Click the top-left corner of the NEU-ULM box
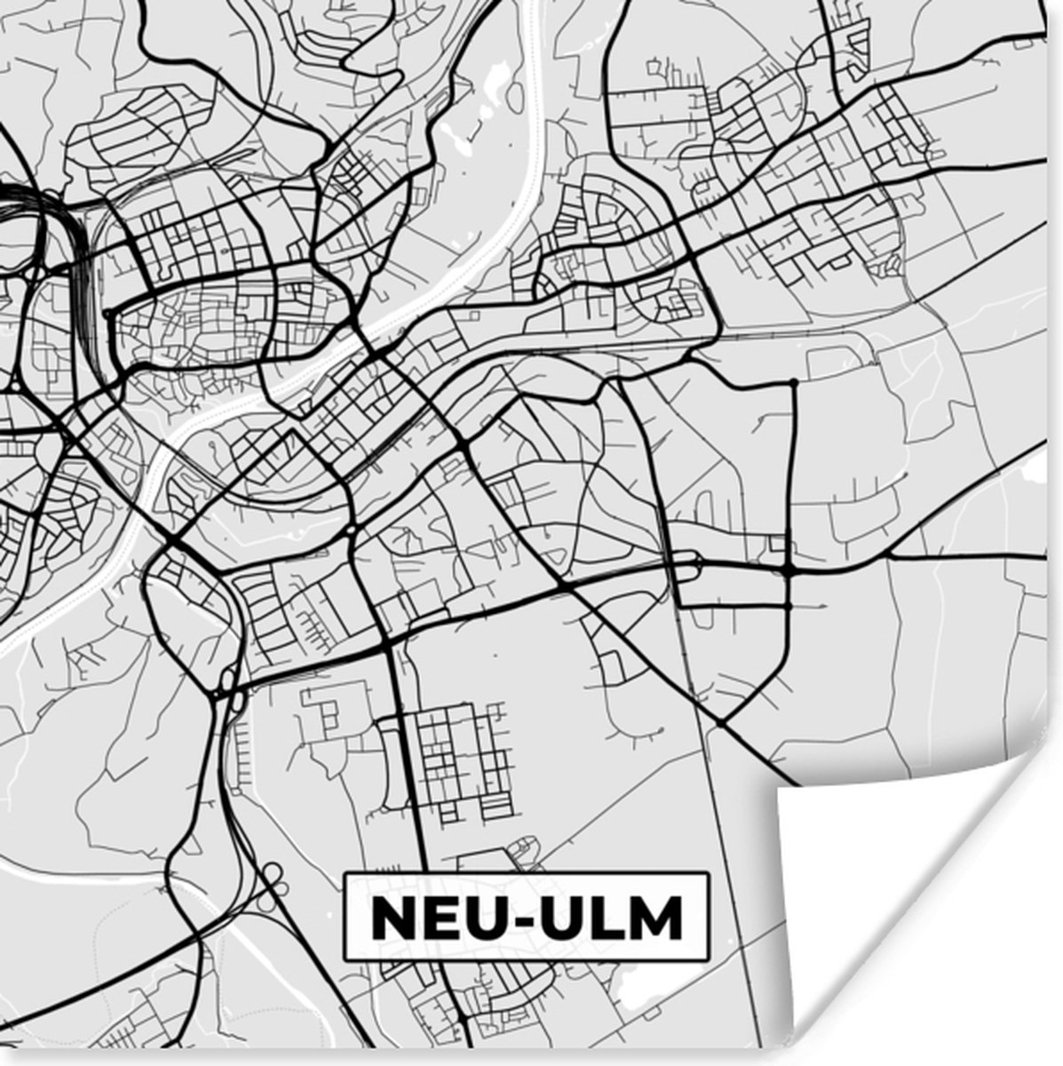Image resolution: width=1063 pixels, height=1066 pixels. click(345, 874)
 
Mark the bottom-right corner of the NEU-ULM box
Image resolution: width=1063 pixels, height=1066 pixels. click(709, 961)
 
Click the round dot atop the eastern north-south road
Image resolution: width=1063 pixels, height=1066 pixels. click(793, 383)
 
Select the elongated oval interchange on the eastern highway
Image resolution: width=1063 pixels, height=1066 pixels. click(688, 561)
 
